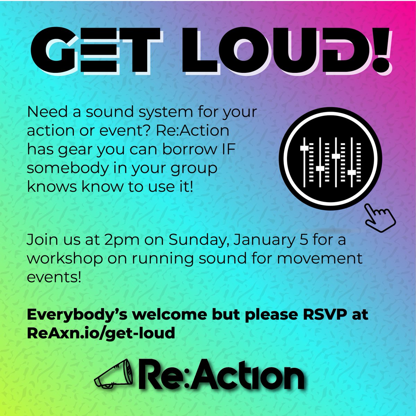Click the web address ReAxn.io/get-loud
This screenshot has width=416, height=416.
pyautogui.click(x=101, y=333)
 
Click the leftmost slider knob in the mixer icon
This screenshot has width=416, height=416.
pyautogui.click(x=304, y=148)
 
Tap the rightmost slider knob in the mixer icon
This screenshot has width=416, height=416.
pyautogui.click(x=352, y=172)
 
